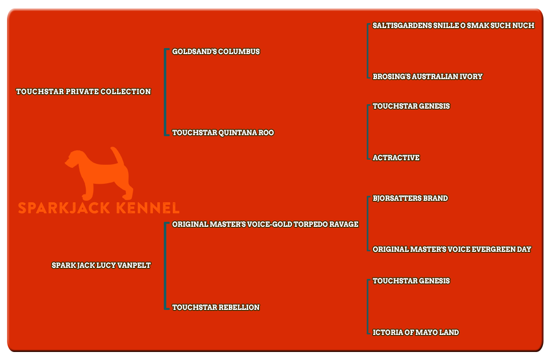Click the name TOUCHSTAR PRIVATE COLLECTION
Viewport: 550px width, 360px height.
pyautogui.click(x=84, y=92)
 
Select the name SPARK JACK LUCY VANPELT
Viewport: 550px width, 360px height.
pyautogui.click(x=101, y=265)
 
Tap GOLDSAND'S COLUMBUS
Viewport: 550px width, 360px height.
pyautogui.click(x=216, y=52)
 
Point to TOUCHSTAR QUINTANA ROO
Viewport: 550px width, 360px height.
pyautogui.click(x=223, y=133)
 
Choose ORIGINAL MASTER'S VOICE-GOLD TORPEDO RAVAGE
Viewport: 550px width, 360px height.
pyautogui.click(x=265, y=224)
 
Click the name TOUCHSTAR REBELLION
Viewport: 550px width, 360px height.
pyautogui.click(x=216, y=307)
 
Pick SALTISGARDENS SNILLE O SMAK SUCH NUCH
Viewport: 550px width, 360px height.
pyautogui.click(x=453, y=26)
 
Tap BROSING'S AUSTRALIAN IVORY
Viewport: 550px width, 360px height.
pyautogui.click(x=428, y=77)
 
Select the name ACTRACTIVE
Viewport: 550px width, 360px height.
pyautogui.click(x=396, y=158)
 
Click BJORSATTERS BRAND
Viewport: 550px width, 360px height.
pyautogui.click(x=410, y=198)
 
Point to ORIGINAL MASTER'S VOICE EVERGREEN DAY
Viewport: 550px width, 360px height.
pyautogui.click(x=452, y=249)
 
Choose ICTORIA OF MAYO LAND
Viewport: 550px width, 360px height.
pyautogui.click(x=416, y=332)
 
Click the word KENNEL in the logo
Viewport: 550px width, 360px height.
pyautogui.click(x=148, y=208)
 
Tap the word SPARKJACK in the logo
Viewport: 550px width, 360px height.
pyautogui.click(x=64, y=208)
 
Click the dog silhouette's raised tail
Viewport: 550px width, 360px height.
pyautogui.click(x=118, y=157)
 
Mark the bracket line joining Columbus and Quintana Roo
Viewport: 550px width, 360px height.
pyautogui.click(x=165, y=92)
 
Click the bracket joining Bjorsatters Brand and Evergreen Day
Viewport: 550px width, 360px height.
pyautogui.click(x=368, y=224)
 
